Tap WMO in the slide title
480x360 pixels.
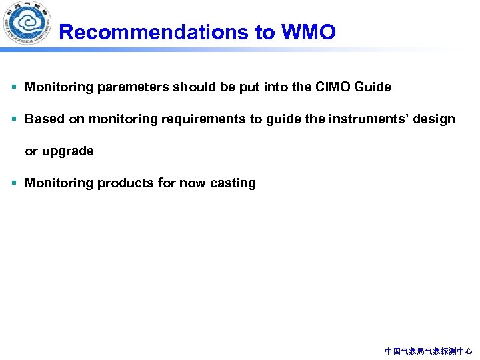click(309, 32)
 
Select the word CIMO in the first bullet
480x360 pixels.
click(333, 87)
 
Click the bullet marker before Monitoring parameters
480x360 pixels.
click(14, 87)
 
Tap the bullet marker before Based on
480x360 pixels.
click(14, 119)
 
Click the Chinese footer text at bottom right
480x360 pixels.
click(429, 351)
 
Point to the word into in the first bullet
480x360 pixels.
click(277, 87)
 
